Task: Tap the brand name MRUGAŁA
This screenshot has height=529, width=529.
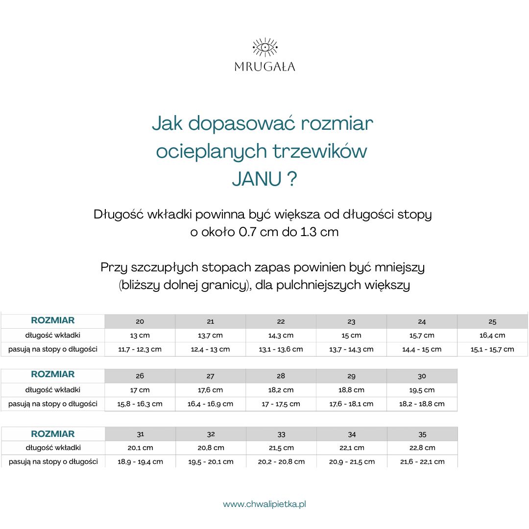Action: click(264, 67)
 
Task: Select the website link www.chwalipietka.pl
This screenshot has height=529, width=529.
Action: click(264, 504)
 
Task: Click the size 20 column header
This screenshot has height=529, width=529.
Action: click(140, 322)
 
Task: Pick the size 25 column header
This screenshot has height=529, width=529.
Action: click(492, 322)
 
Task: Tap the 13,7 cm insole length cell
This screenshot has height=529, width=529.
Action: click(210, 336)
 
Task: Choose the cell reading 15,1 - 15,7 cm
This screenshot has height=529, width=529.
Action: click(492, 349)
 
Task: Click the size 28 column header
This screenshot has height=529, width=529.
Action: click(281, 376)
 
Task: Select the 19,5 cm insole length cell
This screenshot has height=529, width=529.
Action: click(422, 390)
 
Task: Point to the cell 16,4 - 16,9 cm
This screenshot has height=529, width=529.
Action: click(210, 404)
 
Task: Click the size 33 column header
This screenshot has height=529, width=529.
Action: click(281, 434)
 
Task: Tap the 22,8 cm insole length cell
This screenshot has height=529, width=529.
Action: click(422, 448)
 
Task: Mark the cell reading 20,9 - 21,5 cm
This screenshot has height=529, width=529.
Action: click(352, 461)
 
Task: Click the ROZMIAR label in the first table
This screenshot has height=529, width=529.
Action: click(53, 321)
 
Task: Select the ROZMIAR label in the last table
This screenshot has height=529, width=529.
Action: click(53, 434)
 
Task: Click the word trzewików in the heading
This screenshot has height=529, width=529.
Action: click(320, 151)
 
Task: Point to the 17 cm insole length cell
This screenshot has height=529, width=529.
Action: click(140, 390)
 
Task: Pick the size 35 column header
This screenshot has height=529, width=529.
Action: click(422, 434)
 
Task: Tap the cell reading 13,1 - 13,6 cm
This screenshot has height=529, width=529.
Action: click(281, 349)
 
